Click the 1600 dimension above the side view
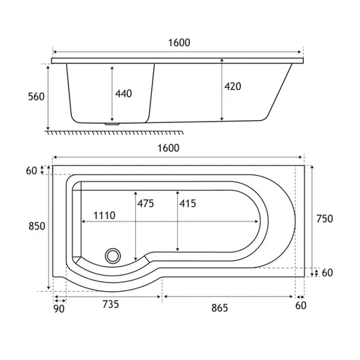coord(179,43)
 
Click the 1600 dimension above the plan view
coord(168,148)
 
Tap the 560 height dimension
coord(37,97)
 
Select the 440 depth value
coord(123,94)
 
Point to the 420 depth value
coord(233,86)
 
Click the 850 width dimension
coord(37,226)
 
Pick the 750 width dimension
coord(325,219)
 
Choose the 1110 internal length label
coord(104,215)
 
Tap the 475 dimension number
coord(146,203)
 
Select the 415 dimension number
coord(188,203)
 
